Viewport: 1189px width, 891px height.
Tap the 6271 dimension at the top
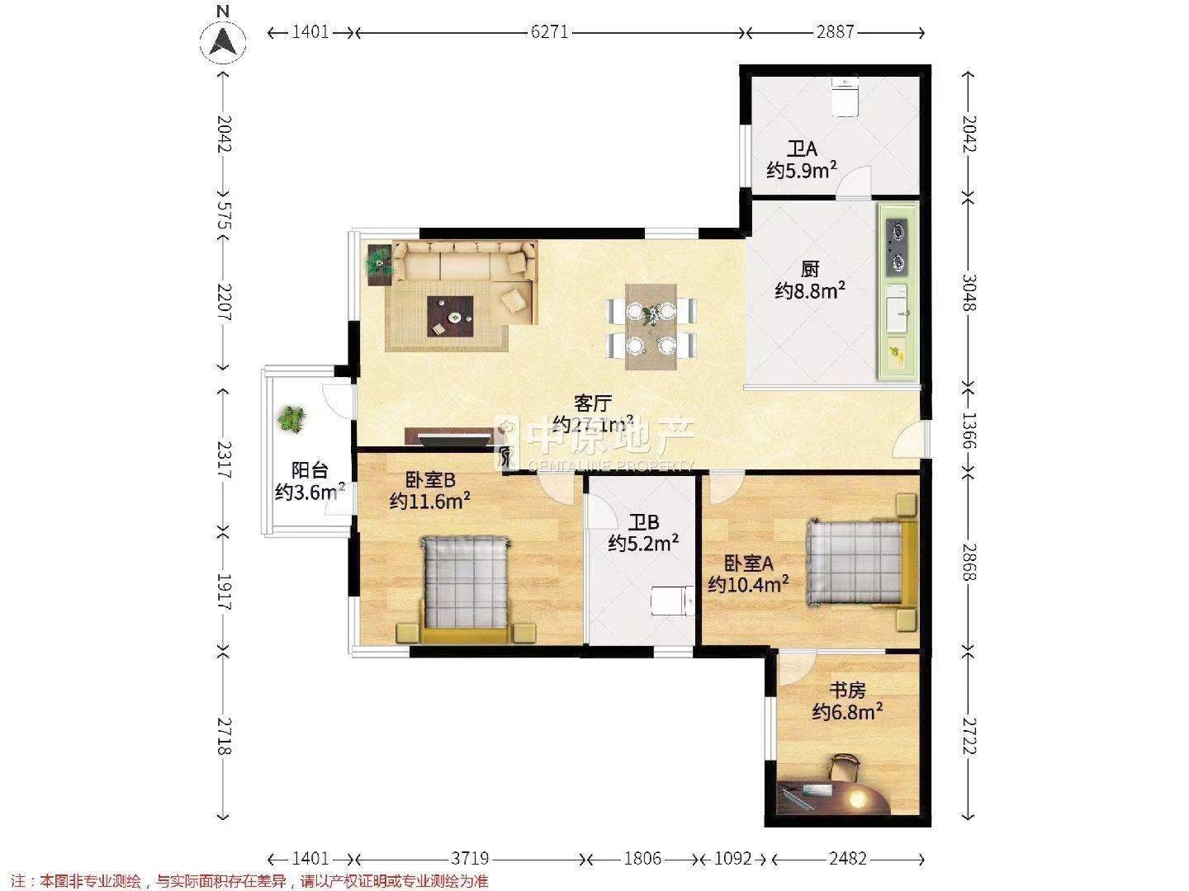click(x=549, y=32)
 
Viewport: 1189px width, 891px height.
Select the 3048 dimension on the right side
click(x=969, y=293)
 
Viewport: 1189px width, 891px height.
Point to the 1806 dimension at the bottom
click(x=642, y=858)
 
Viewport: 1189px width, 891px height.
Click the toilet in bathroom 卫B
click(x=672, y=601)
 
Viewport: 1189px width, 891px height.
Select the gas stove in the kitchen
click(x=898, y=247)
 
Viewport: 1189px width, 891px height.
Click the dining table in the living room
click(x=651, y=328)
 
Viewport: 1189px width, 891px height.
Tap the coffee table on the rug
click(x=450, y=317)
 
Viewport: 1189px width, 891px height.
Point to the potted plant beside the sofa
click(x=380, y=263)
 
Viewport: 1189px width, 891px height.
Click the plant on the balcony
click(x=292, y=419)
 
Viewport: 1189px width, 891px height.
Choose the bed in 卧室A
click(x=861, y=563)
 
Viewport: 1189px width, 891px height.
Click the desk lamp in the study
click(x=856, y=797)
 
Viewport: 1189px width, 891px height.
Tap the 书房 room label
click(x=847, y=691)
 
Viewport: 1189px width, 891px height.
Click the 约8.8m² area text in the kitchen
click(x=810, y=290)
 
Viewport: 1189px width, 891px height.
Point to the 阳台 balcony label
click(x=310, y=469)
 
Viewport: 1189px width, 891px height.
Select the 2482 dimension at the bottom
click(x=848, y=858)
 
